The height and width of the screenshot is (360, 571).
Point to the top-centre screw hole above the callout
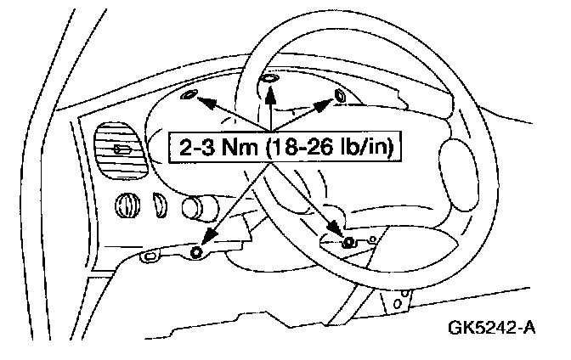point(269,78)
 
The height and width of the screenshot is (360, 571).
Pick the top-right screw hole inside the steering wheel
point(340,93)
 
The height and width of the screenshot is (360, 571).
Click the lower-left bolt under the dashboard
point(196,252)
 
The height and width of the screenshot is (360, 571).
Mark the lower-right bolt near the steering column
point(348,243)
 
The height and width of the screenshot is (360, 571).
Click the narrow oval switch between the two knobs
point(159,203)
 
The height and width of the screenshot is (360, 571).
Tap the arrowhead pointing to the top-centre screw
point(269,90)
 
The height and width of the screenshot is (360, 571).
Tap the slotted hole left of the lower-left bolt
point(151,254)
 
